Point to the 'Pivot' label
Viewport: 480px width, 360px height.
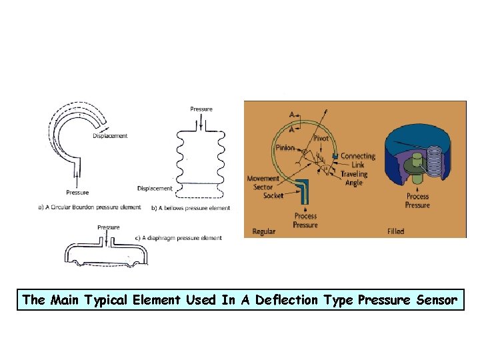pyautogui.click(x=321, y=138)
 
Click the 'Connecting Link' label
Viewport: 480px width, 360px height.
pyautogui.click(x=357, y=161)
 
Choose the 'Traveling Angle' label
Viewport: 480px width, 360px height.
pyautogui.click(x=354, y=179)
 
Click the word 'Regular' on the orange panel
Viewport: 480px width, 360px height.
pyautogui.click(x=264, y=232)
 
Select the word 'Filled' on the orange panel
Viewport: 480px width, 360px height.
pyautogui.click(x=395, y=232)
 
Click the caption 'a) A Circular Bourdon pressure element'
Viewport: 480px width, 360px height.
pyautogui.click(x=89, y=207)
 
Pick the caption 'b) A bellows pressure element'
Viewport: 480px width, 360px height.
pyautogui.click(x=191, y=208)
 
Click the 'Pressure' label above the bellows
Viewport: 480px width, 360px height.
pyautogui.click(x=201, y=109)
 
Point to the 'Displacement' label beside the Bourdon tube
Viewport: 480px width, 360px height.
pyautogui.click(x=111, y=136)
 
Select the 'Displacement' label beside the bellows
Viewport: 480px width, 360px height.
pyautogui.click(x=154, y=188)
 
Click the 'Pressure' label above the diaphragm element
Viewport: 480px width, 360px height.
pyautogui.click(x=109, y=227)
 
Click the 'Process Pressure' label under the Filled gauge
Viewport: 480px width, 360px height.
pyautogui.click(x=418, y=201)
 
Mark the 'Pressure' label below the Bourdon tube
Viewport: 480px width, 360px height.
pyautogui.click(x=78, y=193)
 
